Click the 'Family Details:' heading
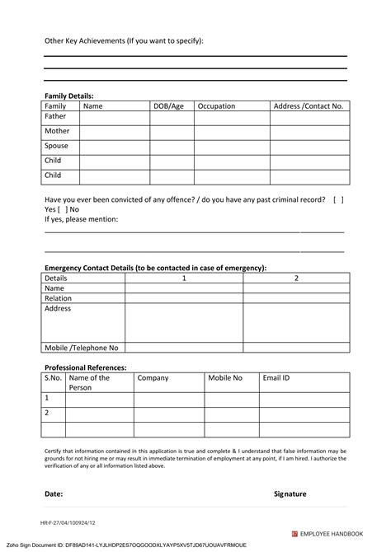(68, 96)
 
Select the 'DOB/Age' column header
(167, 106)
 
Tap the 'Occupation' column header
(216, 106)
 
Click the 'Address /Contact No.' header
(308, 106)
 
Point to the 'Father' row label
(55, 117)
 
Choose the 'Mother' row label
(57, 132)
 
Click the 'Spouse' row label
(56, 147)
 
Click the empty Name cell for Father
(114, 118)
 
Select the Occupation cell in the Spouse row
(232, 147)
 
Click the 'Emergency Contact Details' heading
(155, 268)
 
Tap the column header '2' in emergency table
(296, 278)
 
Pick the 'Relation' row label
(59, 298)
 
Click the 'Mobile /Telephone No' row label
(82, 348)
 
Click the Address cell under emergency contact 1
(183, 323)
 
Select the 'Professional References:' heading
(85, 367)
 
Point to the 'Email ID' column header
(276, 378)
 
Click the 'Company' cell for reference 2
(168, 414)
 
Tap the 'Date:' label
(54, 494)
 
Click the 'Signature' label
(290, 494)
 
